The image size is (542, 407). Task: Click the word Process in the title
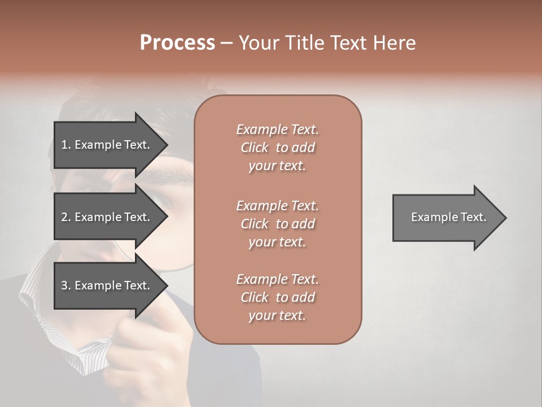pos(177,43)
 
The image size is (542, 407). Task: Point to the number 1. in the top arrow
pos(66,145)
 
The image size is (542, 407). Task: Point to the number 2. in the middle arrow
pos(66,217)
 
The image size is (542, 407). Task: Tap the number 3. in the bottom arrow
pos(66,285)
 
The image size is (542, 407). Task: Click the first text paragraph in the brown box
pos(277,148)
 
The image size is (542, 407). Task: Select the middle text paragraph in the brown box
pos(277,224)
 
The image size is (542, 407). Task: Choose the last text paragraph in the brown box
pos(277,297)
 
